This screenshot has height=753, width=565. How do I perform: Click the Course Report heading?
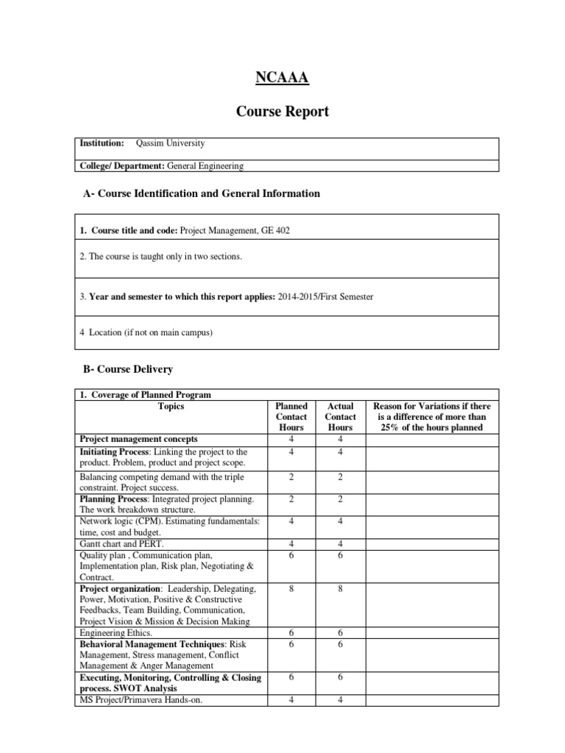[282, 112]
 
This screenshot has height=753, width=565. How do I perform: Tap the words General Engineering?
[205, 167]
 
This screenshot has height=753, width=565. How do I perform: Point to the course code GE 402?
[275, 231]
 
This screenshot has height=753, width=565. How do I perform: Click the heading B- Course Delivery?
[126, 368]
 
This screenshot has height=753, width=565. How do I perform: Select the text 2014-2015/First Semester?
[326, 296]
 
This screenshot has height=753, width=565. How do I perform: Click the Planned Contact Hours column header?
[291, 416]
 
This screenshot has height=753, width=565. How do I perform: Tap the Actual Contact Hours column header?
[341, 416]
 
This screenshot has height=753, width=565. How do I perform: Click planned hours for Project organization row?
[291, 589]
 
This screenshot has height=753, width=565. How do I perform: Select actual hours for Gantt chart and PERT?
[341, 543]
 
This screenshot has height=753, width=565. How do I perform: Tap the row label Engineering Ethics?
[116, 632]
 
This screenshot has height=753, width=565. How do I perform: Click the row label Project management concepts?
[138, 438]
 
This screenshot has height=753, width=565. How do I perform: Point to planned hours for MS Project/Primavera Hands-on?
[291, 699]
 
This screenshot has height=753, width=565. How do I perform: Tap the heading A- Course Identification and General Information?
[199, 193]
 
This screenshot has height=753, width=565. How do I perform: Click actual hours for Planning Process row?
[341, 499]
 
